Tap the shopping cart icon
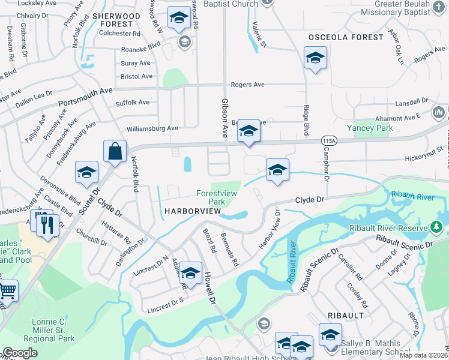[7, 292]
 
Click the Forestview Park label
[217, 197]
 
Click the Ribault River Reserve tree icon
[436, 227]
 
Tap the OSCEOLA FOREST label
[346, 37]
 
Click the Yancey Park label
[370, 128]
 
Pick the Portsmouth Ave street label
[85, 98]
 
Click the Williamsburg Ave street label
[152, 128]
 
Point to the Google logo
[20, 353]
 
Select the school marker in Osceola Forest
[315, 59]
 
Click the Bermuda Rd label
[230, 250]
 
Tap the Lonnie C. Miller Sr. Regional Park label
[53, 331]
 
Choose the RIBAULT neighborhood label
[346, 315]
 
